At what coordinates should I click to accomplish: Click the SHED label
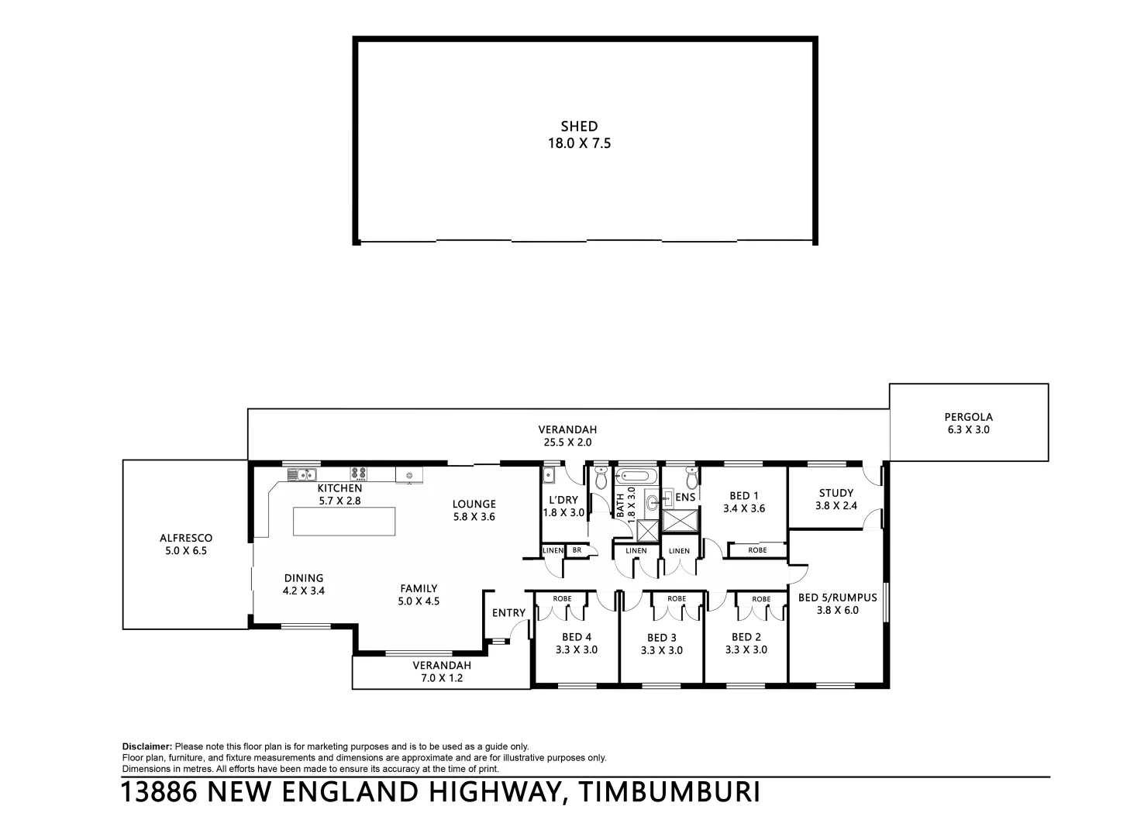click(x=579, y=126)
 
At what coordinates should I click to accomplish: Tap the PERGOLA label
click(x=968, y=417)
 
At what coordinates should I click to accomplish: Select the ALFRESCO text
click(x=186, y=538)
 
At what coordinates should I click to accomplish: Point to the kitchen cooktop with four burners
click(x=358, y=472)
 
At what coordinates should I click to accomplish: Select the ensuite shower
click(x=681, y=521)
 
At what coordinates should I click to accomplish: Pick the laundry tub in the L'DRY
click(x=550, y=475)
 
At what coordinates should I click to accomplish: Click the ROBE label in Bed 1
click(x=757, y=550)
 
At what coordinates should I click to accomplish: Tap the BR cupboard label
click(x=577, y=550)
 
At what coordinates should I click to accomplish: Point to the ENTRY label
click(x=508, y=613)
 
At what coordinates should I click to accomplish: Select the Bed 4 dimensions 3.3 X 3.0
click(x=577, y=650)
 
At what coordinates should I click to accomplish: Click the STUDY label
click(x=836, y=493)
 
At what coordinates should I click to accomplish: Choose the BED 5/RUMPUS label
click(x=837, y=598)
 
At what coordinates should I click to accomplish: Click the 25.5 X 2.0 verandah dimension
click(x=567, y=443)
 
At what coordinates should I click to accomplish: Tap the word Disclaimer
click(x=147, y=746)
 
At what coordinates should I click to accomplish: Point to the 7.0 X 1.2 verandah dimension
click(x=441, y=678)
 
